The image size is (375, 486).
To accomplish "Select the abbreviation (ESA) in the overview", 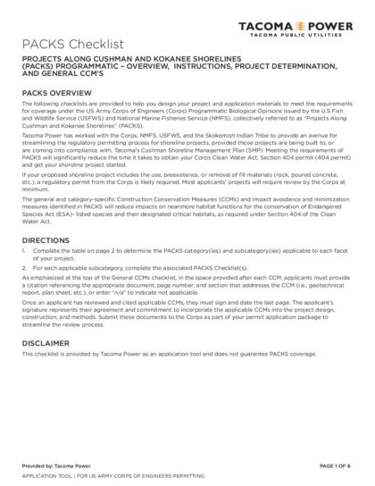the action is pos(62,233).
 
